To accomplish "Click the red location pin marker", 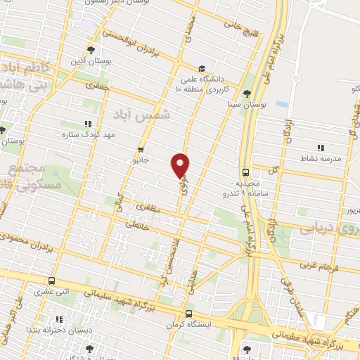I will coord(181,165).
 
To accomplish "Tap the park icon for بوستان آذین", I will coord(91,49).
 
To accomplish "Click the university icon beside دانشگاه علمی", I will coord(202,69).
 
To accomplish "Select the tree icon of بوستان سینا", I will coord(245,93).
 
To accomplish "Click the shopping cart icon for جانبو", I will coord(141,149).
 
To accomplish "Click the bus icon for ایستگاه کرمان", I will coord(188,314).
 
